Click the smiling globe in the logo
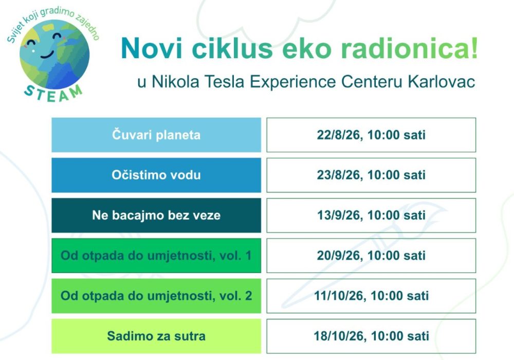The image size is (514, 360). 54,55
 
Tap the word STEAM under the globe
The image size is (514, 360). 53,94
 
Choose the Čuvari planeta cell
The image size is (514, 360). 156,135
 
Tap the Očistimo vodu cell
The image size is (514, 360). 156,175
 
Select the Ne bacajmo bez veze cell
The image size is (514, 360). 156,215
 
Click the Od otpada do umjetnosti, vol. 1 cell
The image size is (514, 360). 156,256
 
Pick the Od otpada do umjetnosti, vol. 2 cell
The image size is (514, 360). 156,296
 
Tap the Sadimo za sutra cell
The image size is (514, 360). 156,336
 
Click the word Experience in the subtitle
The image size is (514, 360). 293,82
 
